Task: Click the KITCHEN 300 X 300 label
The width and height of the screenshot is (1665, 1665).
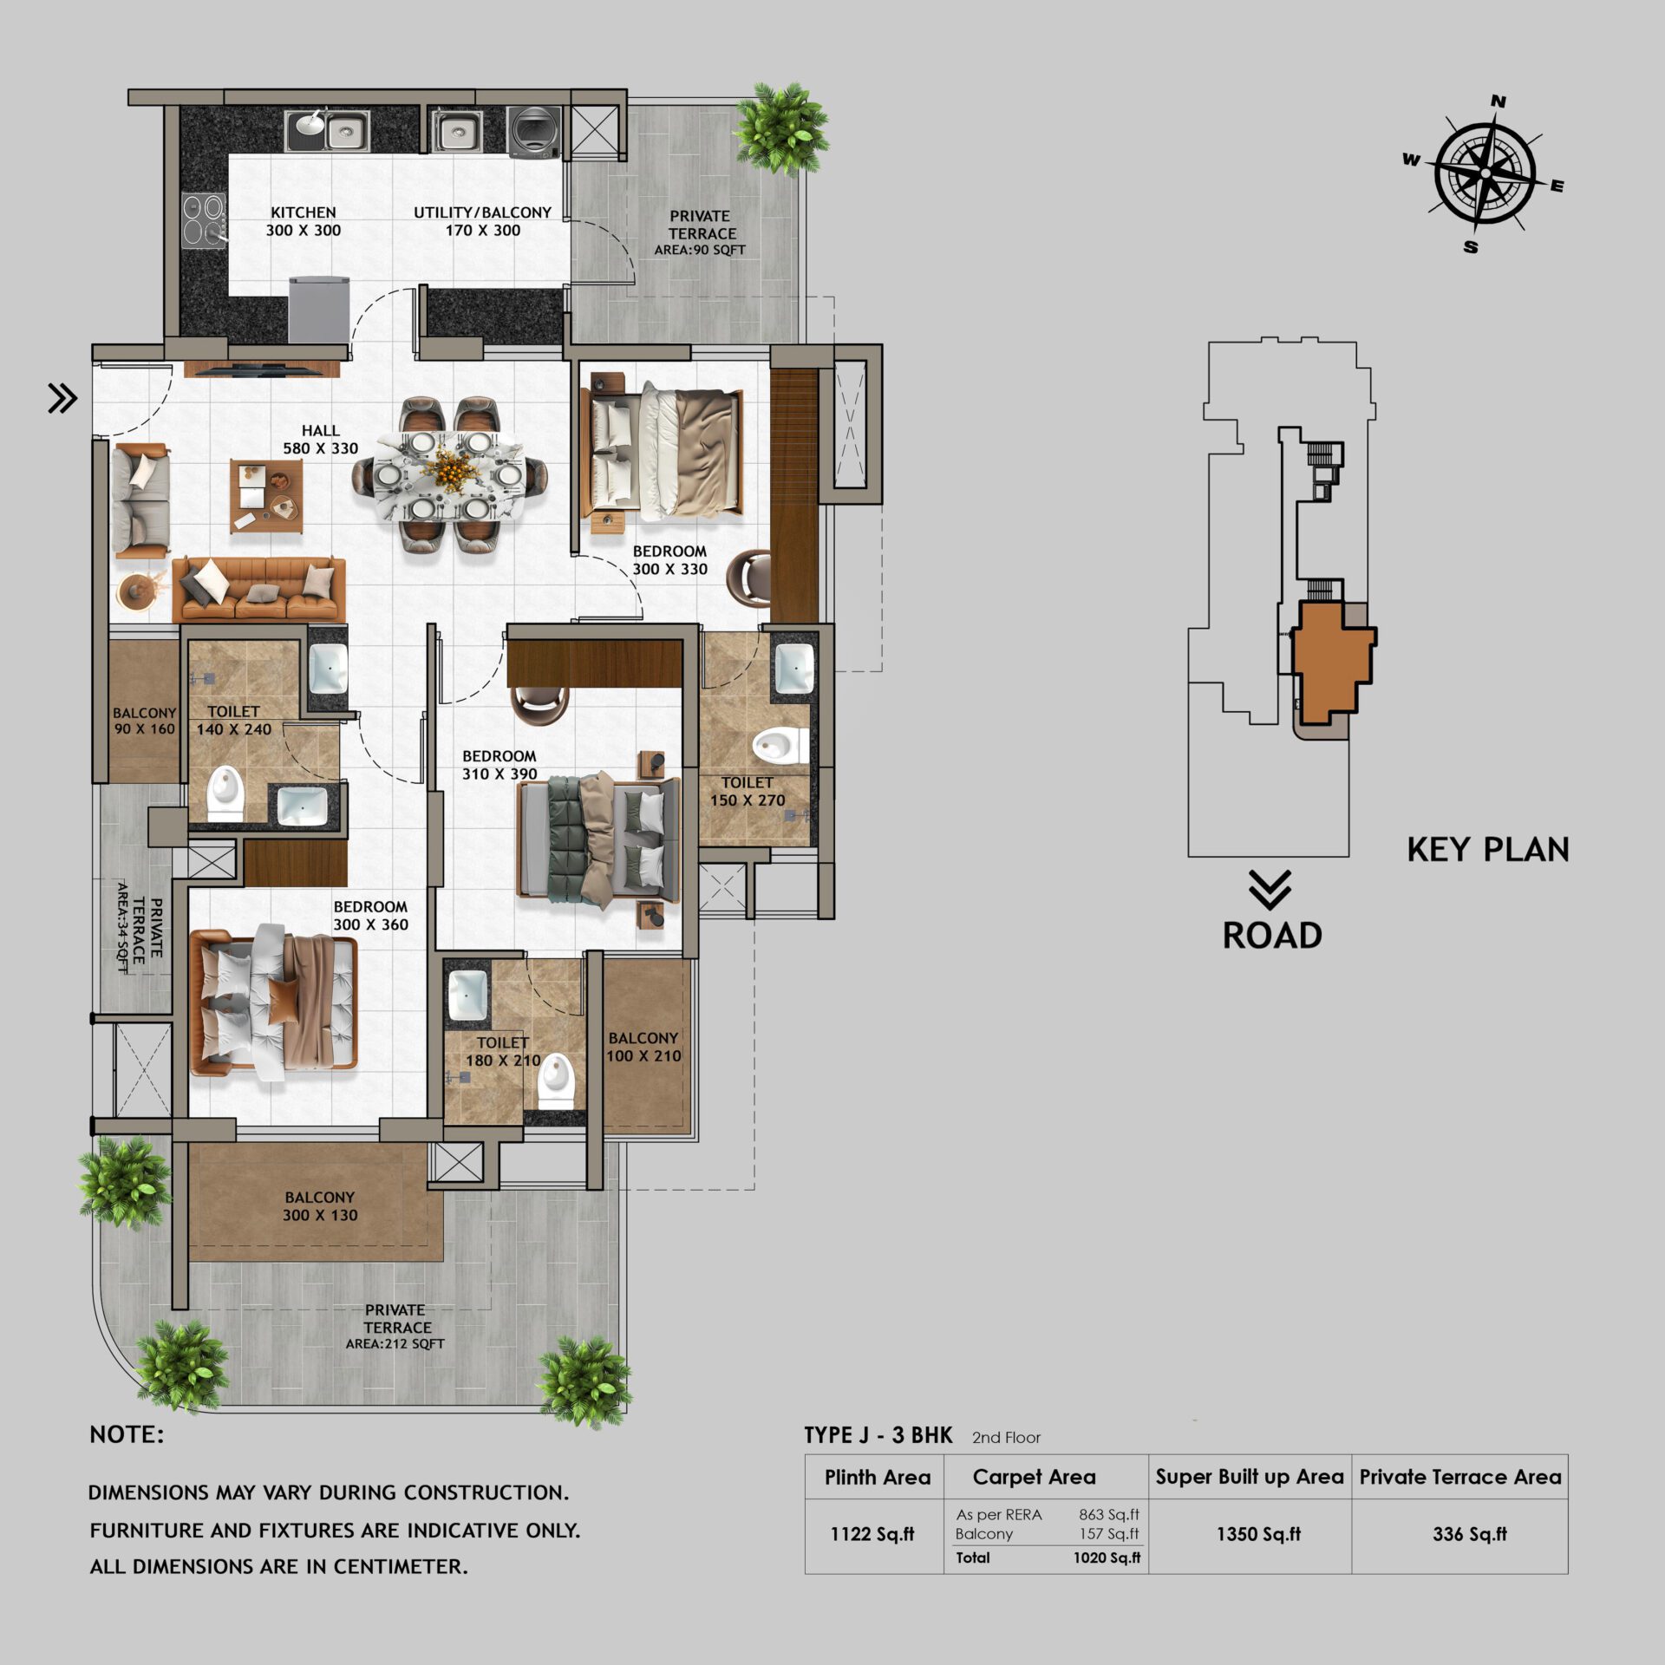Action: click(x=303, y=221)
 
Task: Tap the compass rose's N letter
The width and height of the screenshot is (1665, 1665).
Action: click(x=1498, y=101)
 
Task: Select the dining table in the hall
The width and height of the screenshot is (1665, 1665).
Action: click(x=449, y=474)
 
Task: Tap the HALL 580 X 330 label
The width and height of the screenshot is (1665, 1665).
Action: click(x=320, y=439)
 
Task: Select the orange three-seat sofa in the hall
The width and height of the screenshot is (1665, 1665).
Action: click(x=258, y=589)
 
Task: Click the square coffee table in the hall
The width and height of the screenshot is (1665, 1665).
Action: click(x=266, y=495)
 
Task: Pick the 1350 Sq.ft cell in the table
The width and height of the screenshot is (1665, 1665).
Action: click(x=1258, y=1534)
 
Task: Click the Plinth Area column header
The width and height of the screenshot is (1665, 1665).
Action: click(x=877, y=1477)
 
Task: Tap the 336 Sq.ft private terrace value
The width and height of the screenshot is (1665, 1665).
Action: click(x=1469, y=1534)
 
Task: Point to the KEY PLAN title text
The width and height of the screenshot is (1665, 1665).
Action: click(x=1487, y=849)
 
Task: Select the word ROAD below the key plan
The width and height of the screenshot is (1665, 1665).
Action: click(x=1272, y=935)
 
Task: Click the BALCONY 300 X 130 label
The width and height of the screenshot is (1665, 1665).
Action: click(x=319, y=1205)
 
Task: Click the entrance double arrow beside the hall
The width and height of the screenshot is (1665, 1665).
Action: click(x=62, y=398)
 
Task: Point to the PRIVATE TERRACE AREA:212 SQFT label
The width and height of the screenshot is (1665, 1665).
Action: click(x=395, y=1326)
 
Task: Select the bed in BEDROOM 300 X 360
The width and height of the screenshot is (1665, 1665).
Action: click(x=273, y=1001)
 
